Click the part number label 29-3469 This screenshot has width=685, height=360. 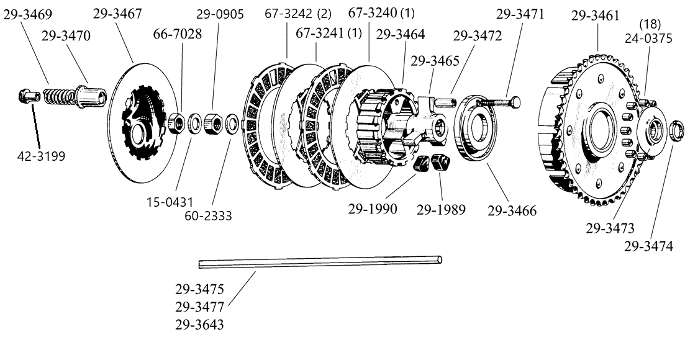pyautogui.click(x=27, y=14)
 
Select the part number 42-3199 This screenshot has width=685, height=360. pyautogui.click(x=40, y=155)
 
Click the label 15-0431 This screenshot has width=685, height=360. pyautogui.click(x=170, y=202)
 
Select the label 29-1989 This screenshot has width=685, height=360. pyautogui.click(x=441, y=210)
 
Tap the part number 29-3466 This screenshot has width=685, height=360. pyautogui.click(x=512, y=210)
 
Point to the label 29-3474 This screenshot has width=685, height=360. pyautogui.click(x=648, y=246)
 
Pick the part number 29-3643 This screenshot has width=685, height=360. pyautogui.click(x=199, y=324)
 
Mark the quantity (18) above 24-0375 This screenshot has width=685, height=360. pyautogui.click(x=651, y=24)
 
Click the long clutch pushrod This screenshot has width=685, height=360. pyautogui.click(x=320, y=263)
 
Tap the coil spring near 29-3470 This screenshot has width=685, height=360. pyautogui.click(x=59, y=98)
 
